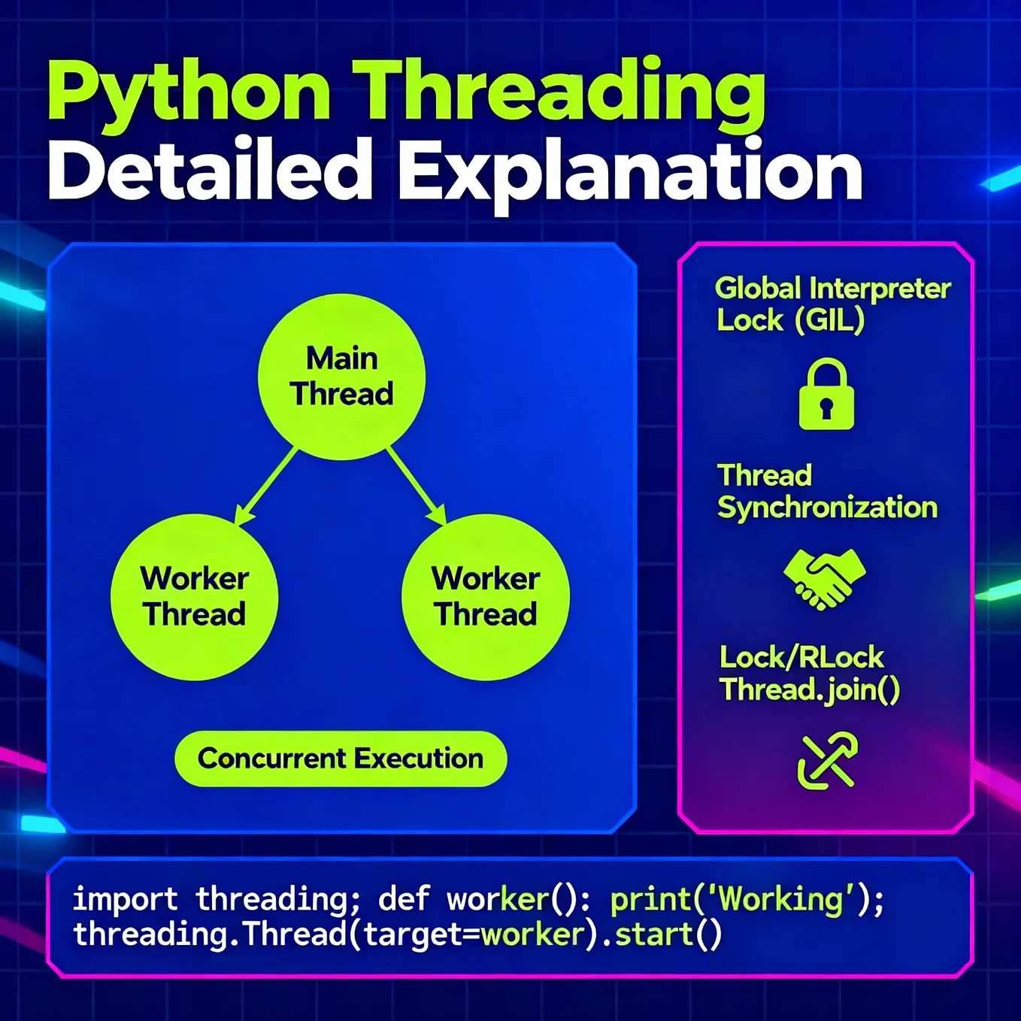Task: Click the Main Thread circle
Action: (342, 377)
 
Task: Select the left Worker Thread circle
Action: (195, 597)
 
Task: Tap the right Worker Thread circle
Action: (486, 597)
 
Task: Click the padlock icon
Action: (826, 395)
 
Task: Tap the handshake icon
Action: (825, 577)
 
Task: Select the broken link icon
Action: (827, 761)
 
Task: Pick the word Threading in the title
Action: (559, 92)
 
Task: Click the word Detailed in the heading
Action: (211, 171)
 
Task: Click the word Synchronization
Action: (828, 508)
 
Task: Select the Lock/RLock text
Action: (801, 658)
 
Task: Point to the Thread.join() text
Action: (809, 690)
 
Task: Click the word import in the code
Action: (125, 899)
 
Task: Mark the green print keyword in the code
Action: (650, 900)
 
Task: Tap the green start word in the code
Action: (654, 935)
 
